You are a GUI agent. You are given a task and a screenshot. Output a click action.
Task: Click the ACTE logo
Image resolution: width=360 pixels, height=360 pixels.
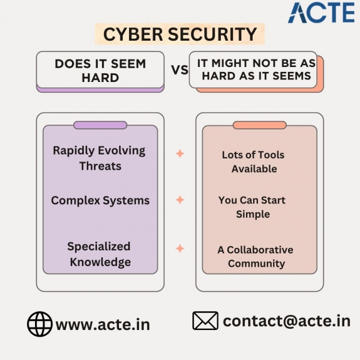click(x=321, y=13)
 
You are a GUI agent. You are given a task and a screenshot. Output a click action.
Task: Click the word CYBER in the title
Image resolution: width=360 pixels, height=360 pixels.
click(x=133, y=34)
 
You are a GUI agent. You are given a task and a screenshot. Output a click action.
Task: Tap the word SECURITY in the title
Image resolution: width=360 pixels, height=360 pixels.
click(x=213, y=34)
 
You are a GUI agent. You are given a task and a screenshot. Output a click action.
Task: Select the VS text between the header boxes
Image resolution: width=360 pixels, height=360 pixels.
click(x=180, y=69)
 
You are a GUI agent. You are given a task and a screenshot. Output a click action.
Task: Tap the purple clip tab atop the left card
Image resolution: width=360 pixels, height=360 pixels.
click(x=100, y=125)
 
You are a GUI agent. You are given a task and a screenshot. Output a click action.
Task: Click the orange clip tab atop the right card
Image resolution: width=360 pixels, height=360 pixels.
click(x=260, y=125)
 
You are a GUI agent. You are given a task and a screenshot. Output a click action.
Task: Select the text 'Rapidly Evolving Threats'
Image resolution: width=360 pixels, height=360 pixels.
click(x=100, y=158)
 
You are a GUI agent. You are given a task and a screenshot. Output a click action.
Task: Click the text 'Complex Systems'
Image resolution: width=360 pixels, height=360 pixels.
click(x=100, y=200)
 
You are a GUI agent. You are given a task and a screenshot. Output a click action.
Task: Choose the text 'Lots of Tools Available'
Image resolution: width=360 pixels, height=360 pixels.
click(x=254, y=162)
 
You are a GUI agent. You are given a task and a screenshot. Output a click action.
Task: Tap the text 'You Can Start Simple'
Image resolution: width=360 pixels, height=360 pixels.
click(x=252, y=207)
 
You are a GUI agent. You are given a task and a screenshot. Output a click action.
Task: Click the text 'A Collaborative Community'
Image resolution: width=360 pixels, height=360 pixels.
click(x=255, y=257)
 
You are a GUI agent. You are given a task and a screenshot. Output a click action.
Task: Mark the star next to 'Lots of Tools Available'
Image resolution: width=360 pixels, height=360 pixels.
click(x=180, y=153)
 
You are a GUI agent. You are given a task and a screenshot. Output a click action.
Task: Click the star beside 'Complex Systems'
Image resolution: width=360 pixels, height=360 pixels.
click(x=180, y=200)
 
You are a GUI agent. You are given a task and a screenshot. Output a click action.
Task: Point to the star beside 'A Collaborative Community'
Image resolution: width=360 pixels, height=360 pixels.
click(x=180, y=249)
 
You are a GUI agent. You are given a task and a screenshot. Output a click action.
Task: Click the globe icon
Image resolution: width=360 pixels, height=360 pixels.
click(x=39, y=324)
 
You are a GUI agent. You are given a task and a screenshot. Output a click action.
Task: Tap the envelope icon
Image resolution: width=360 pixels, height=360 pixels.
click(x=205, y=321)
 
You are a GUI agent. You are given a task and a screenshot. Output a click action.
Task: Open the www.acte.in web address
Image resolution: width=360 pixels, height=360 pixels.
click(x=103, y=325)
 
